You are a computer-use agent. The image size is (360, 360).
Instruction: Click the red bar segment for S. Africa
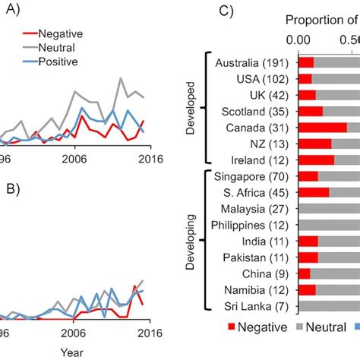(314, 192)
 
